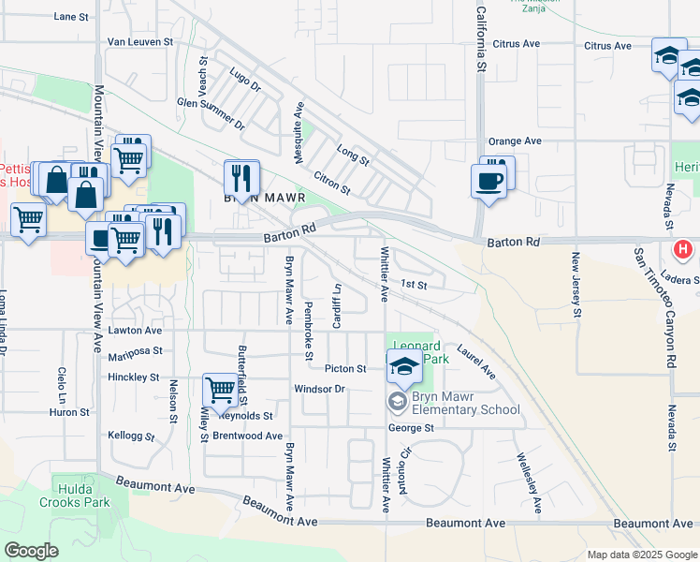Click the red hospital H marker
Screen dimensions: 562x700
pos(684,250)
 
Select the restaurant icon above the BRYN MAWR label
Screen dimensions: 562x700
pos(241,176)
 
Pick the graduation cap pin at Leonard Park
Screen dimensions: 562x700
pos(404,365)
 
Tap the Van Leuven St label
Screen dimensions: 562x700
pos(140,42)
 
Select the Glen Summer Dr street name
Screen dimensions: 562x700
pos(210,113)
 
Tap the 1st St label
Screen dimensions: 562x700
pos(414,284)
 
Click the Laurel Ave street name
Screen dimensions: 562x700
pos(476,361)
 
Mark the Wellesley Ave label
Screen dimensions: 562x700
pos(527,483)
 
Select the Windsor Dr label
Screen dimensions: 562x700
pos(320,388)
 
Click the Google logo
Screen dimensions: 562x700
pos(31,550)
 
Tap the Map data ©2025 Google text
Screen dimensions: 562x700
pos(641,555)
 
